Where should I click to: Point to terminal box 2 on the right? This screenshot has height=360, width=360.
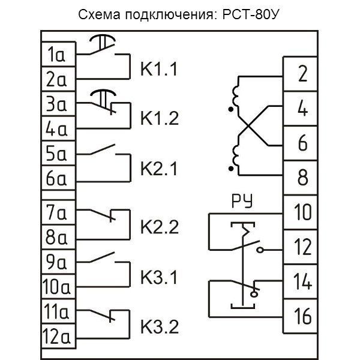pyautogui.click(x=302, y=74)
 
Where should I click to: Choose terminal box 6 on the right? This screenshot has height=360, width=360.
pyautogui.click(x=302, y=144)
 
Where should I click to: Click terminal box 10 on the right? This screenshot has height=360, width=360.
pyautogui.click(x=302, y=213)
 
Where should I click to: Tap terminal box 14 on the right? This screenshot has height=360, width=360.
pyautogui.click(x=302, y=281)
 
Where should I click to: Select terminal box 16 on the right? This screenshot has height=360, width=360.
pyautogui.click(x=302, y=316)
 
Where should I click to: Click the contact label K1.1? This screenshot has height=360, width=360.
pyautogui.click(x=159, y=68)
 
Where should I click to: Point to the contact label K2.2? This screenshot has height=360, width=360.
pyautogui.click(x=159, y=228)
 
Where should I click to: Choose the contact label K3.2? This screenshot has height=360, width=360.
pyautogui.click(x=159, y=328)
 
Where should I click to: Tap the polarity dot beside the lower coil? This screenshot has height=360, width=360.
pyautogui.click(x=231, y=169)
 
